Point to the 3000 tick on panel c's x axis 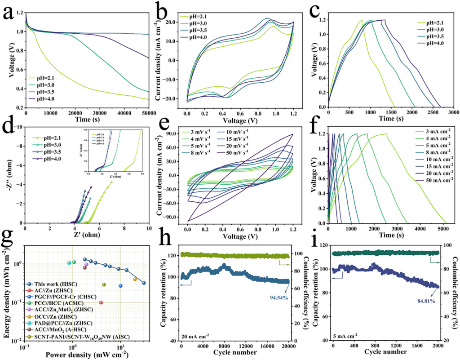pos(453,112)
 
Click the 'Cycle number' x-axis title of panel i pos(385,354)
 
